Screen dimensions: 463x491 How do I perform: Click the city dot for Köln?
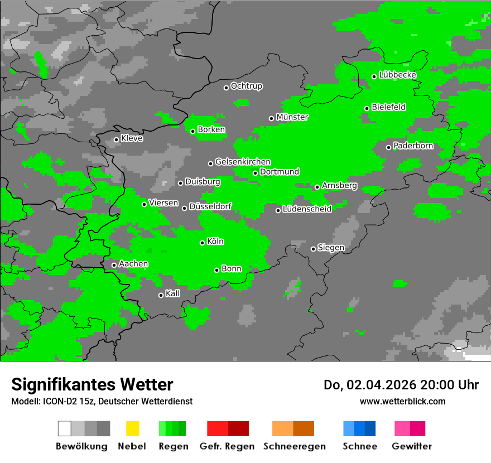(203, 243)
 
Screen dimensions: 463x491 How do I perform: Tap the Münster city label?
(292, 117)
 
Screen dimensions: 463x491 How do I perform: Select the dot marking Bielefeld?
(367, 108)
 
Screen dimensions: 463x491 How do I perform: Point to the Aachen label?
(133, 264)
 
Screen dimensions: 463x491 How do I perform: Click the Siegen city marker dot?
(313, 249)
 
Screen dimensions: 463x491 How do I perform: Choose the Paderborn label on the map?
(413, 146)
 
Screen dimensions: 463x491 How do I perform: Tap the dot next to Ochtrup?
(226, 88)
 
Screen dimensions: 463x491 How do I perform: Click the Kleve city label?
(132, 138)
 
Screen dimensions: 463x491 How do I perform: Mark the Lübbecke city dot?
(374, 76)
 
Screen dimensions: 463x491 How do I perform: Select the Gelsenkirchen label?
(243, 162)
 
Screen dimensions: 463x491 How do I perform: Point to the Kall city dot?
(161, 295)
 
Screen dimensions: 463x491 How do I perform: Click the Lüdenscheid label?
(307, 209)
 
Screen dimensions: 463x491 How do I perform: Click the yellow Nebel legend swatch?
(132, 428)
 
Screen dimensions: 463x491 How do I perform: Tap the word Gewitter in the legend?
(412, 446)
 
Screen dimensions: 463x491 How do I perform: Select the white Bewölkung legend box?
(65, 428)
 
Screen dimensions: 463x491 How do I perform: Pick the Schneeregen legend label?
(295, 446)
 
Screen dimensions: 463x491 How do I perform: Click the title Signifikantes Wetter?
(92, 384)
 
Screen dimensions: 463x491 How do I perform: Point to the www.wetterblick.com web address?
(403, 401)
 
